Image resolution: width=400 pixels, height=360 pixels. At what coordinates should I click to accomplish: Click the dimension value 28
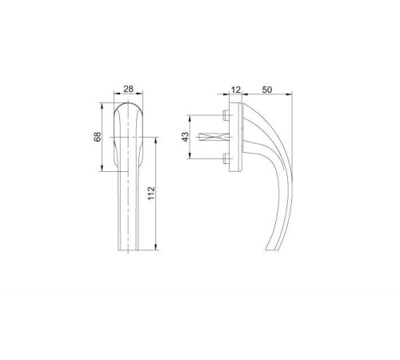point(128,89)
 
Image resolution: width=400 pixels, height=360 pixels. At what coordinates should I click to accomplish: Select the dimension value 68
point(98,137)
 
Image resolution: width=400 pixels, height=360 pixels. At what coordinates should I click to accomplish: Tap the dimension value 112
point(151,194)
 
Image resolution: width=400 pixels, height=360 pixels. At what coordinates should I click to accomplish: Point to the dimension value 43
point(185,137)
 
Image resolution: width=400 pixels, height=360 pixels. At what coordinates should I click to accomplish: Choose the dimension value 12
point(236,90)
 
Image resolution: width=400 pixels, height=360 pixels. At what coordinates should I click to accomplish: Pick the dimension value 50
point(267,90)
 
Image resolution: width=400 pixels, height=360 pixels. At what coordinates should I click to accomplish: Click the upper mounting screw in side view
point(226,115)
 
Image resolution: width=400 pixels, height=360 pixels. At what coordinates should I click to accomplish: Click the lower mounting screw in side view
point(226,158)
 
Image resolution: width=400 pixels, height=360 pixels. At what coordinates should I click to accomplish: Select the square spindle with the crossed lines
point(214,137)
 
